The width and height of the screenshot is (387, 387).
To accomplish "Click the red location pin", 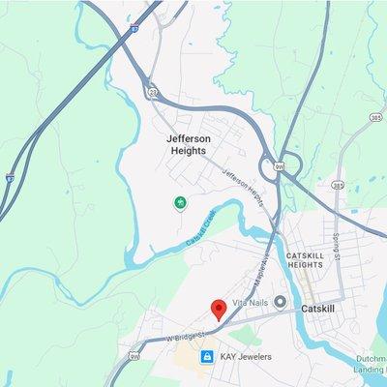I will click(219, 310).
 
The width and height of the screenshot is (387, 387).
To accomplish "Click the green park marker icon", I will click(179, 202).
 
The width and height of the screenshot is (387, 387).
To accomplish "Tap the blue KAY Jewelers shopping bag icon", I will click(205, 357).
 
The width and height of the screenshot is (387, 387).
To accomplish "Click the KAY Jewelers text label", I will click(245, 357).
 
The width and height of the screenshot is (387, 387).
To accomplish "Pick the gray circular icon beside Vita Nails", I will click(281, 303).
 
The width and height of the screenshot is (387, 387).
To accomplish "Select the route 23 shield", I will click(153, 91).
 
